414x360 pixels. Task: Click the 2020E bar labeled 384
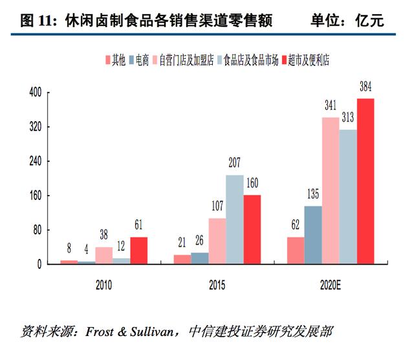point(365,181)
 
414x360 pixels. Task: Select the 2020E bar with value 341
point(331,190)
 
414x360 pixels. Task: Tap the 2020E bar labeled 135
point(313,235)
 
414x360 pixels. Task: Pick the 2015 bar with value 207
point(235,219)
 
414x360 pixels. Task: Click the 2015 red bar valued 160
point(252,229)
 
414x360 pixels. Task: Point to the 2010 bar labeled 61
point(139,251)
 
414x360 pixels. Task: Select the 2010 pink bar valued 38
point(104,256)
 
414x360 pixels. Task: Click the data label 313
point(348,117)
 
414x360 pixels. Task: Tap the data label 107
point(217,206)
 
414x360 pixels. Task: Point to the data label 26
point(199,240)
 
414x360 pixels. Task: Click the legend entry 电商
point(139,60)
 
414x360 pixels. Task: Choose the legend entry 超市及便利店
point(305,60)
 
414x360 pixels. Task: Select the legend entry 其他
point(115,60)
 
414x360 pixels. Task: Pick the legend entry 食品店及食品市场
point(248,60)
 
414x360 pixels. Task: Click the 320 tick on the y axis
point(36,127)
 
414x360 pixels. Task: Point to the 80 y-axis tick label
point(38,231)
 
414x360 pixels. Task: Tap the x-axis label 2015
point(217,285)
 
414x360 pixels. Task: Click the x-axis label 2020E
point(331,285)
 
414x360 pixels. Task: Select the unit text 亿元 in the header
point(369,21)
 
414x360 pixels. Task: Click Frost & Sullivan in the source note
point(129,332)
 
